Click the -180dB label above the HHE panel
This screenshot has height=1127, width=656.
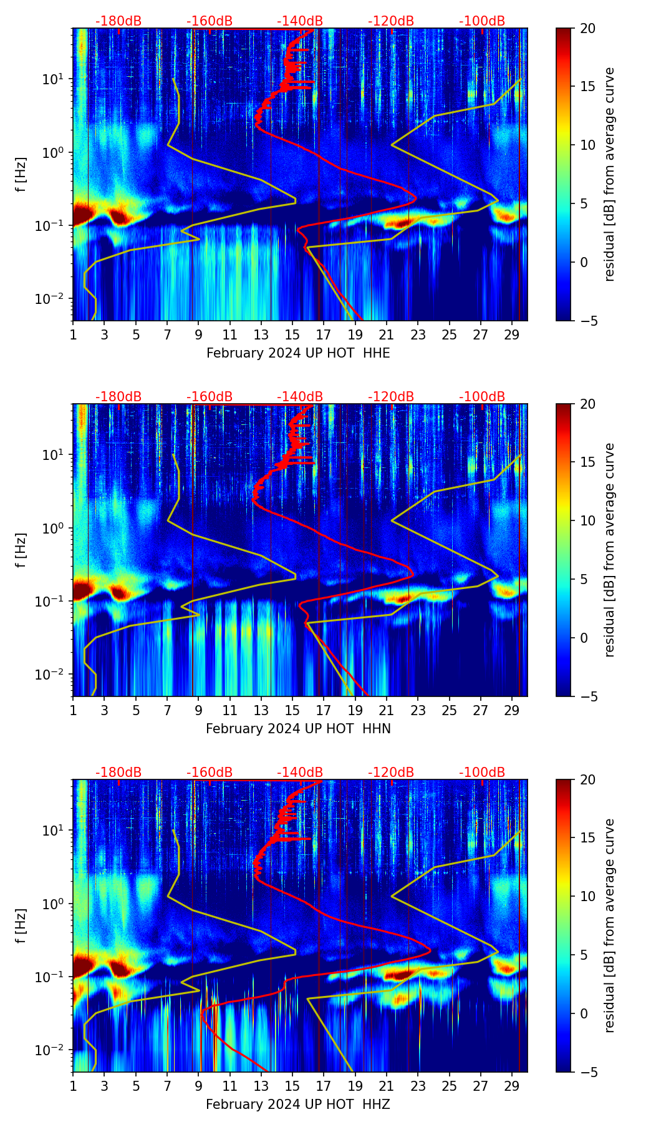118,21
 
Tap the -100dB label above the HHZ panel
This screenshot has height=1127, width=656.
482,773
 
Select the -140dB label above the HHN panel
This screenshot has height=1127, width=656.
300,397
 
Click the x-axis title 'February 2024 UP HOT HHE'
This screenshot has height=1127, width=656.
298,353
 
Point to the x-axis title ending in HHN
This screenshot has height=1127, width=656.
298,729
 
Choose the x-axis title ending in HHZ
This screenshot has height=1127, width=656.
298,1105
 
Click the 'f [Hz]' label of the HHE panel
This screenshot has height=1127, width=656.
21,175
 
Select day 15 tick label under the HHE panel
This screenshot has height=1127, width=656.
292,334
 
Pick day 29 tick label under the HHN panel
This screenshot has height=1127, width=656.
512,710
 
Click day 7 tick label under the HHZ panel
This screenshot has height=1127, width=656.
167,1086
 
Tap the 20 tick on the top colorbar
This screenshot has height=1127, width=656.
588,28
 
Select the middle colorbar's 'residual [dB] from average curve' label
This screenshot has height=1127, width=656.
609,550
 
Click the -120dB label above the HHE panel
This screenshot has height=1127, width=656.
391,21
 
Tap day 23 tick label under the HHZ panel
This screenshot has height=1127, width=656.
418,1086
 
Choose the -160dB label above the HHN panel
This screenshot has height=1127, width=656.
210,397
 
